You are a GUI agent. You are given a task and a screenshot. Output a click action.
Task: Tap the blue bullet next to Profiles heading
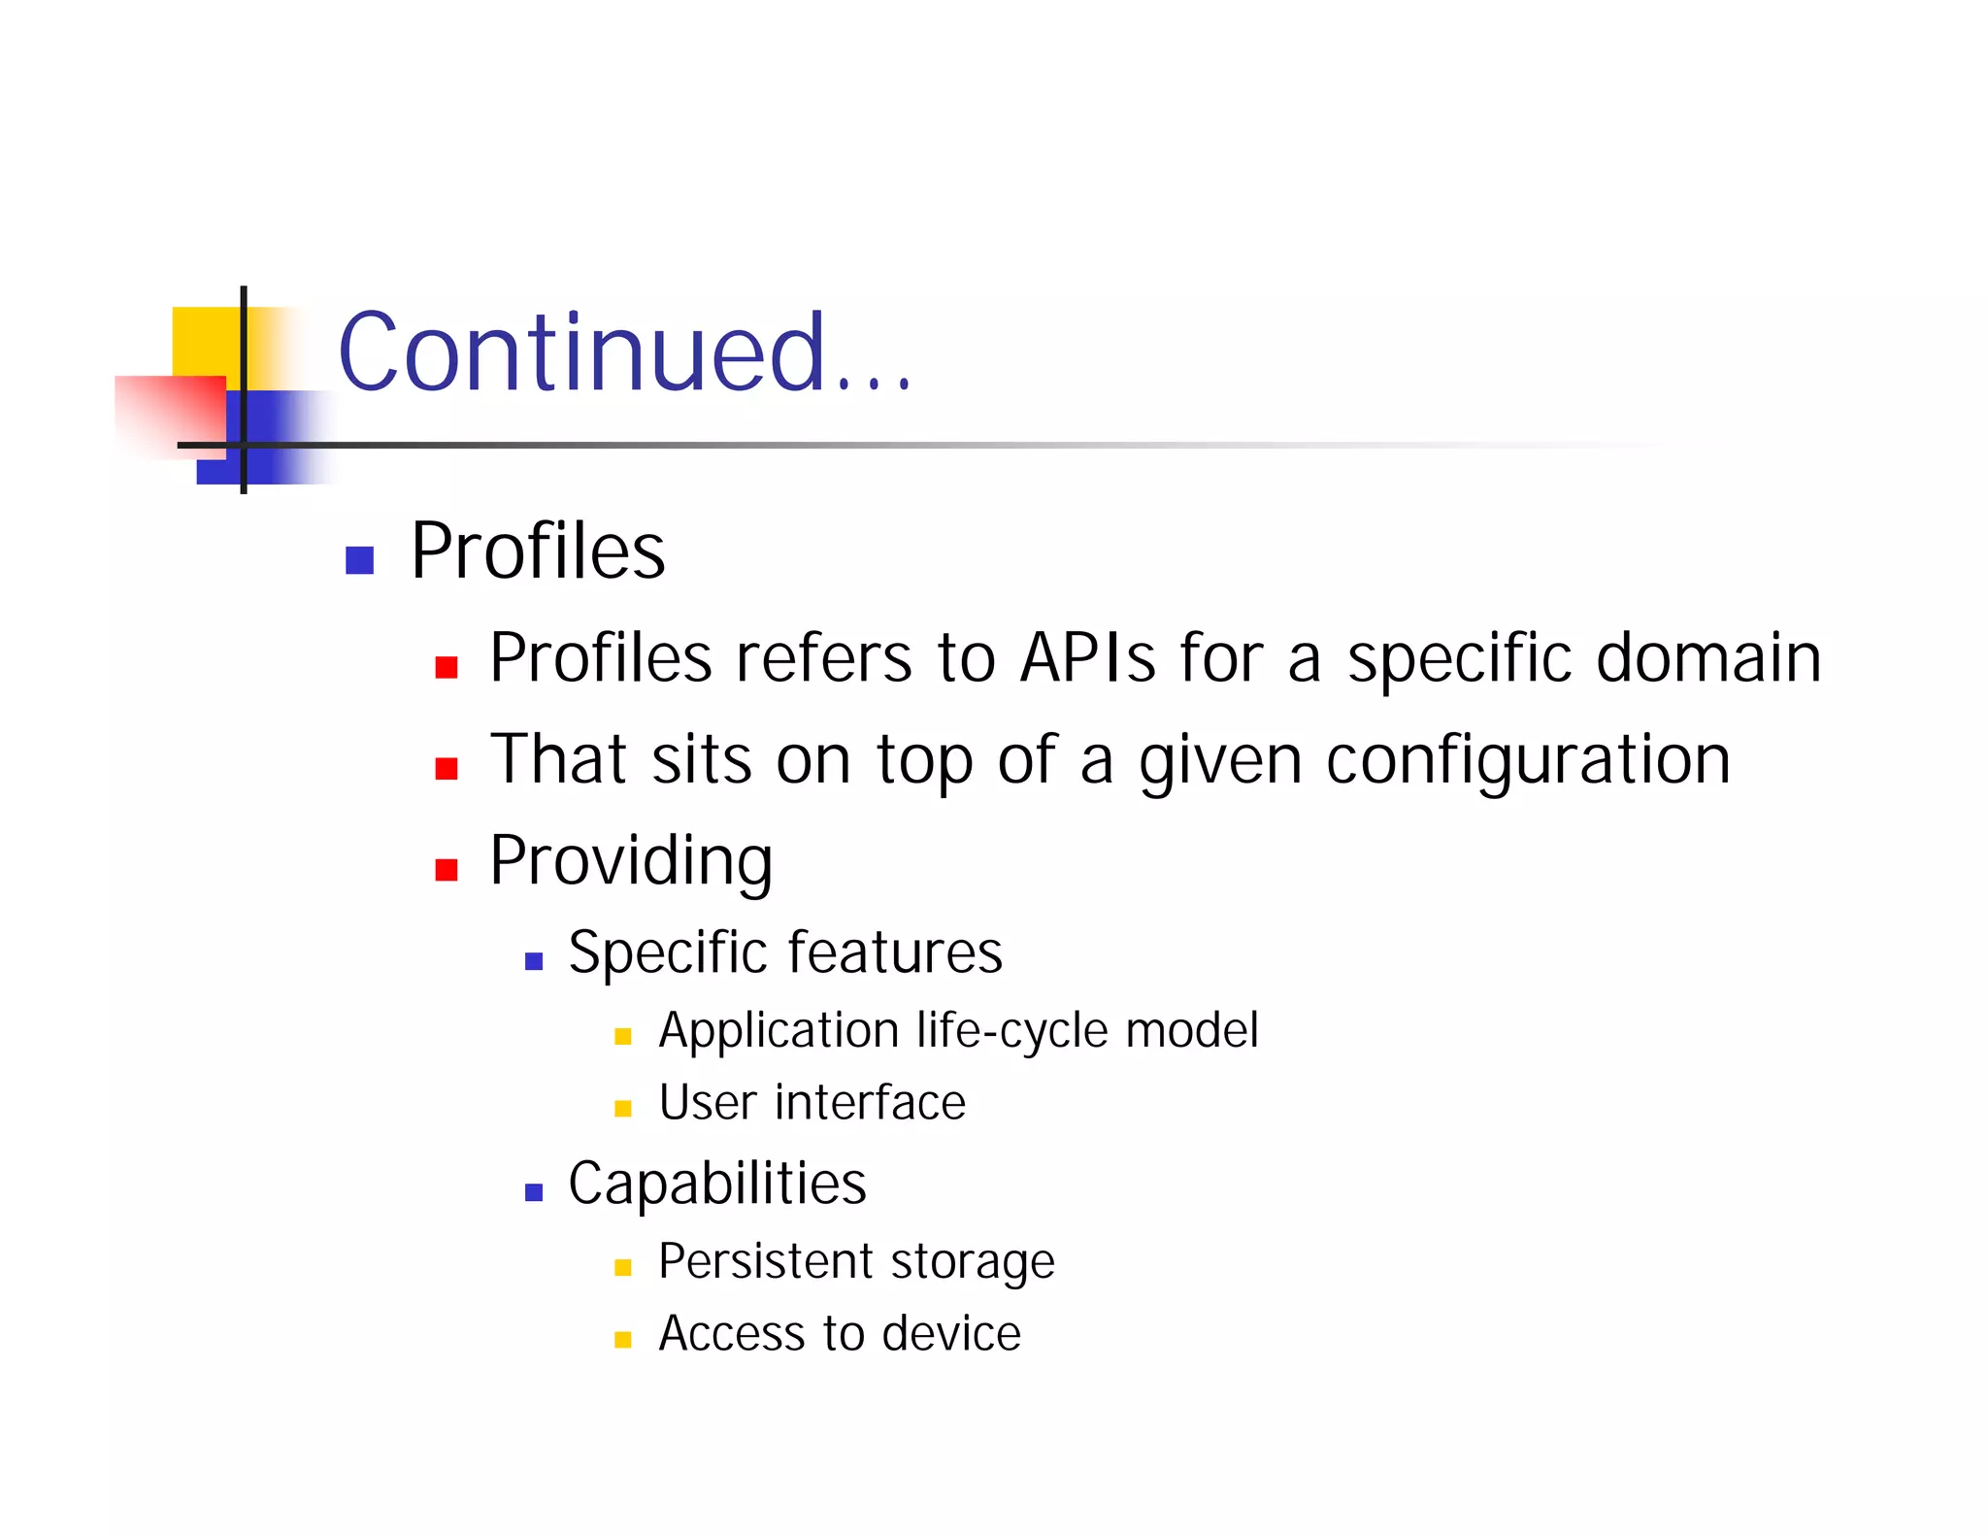pyautogui.click(x=360, y=560)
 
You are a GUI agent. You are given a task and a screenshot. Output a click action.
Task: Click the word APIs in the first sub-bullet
pyautogui.click(x=1088, y=658)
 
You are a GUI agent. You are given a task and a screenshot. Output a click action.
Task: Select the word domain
pyautogui.click(x=1708, y=658)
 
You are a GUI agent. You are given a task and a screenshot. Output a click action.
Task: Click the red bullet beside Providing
pyautogui.click(x=447, y=869)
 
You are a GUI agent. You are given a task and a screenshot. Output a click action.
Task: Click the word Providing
pyautogui.click(x=631, y=861)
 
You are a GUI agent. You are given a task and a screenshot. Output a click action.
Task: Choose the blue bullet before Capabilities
pyautogui.click(x=534, y=1192)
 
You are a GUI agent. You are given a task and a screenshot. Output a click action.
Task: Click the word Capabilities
pyautogui.click(x=717, y=1184)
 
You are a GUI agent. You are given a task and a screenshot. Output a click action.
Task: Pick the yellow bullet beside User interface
pyautogui.click(x=623, y=1109)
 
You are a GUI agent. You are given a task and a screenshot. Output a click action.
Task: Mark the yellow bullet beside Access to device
pyautogui.click(x=623, y=1341)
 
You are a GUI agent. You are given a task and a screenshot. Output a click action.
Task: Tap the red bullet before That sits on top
pyautogui.click(x=447, y=769)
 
